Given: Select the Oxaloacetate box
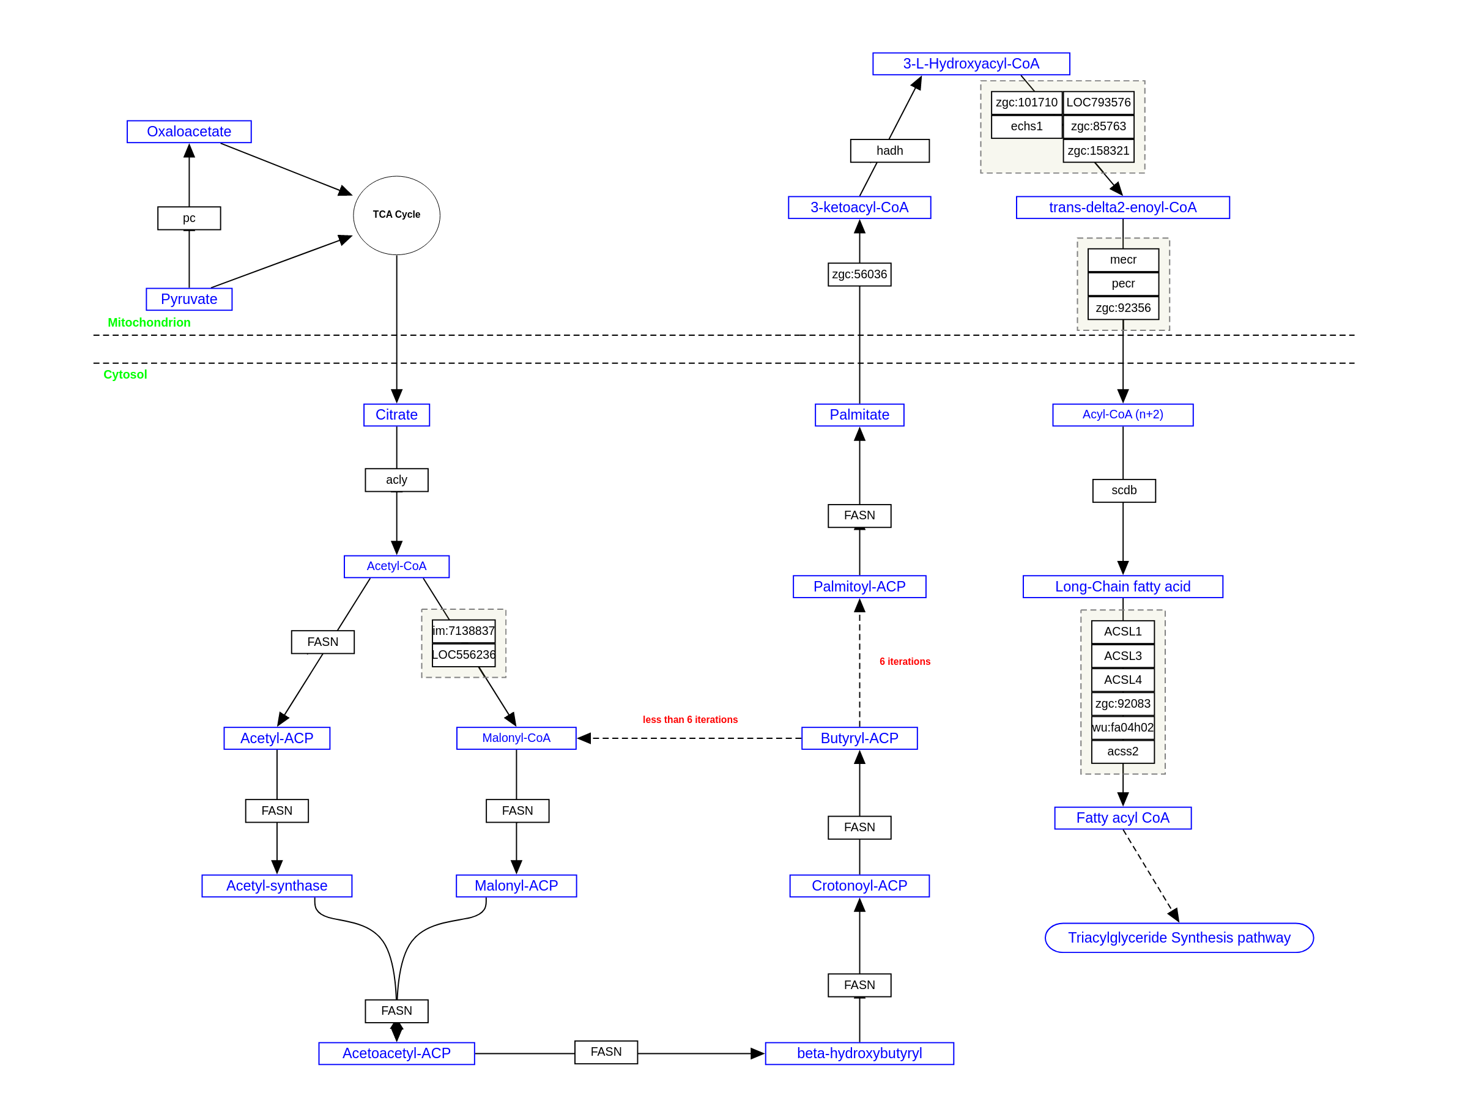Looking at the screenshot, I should tap(189, 132).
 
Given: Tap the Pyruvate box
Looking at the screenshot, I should tap(189, 299).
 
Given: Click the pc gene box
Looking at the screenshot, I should tap(189, 218).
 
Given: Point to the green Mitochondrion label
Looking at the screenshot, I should tap(149, 322).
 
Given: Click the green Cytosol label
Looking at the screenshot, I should tap(125, 374).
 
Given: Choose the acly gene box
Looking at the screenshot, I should tap(396, 480).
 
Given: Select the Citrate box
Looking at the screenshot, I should tap(396, 415).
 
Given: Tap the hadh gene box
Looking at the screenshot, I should tap(889, 150).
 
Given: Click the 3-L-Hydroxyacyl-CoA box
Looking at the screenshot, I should tap(970, 64).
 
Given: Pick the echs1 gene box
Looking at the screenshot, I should tap(1026, 126).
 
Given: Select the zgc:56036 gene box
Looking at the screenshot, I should tap(859, 274).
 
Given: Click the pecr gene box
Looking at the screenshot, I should tap(1123, 283).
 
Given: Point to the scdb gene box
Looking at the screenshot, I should tap(1124, 491).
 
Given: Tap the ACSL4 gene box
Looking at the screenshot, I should tap(1122, 680).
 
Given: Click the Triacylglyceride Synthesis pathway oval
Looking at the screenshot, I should tap(1179, 938).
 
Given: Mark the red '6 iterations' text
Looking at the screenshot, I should tap(905, 662).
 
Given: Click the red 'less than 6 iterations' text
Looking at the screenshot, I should tap(689, 719).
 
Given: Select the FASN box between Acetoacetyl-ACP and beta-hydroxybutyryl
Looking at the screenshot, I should tap(606, 1052).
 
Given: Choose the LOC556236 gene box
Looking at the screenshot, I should tap(463, 655).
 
